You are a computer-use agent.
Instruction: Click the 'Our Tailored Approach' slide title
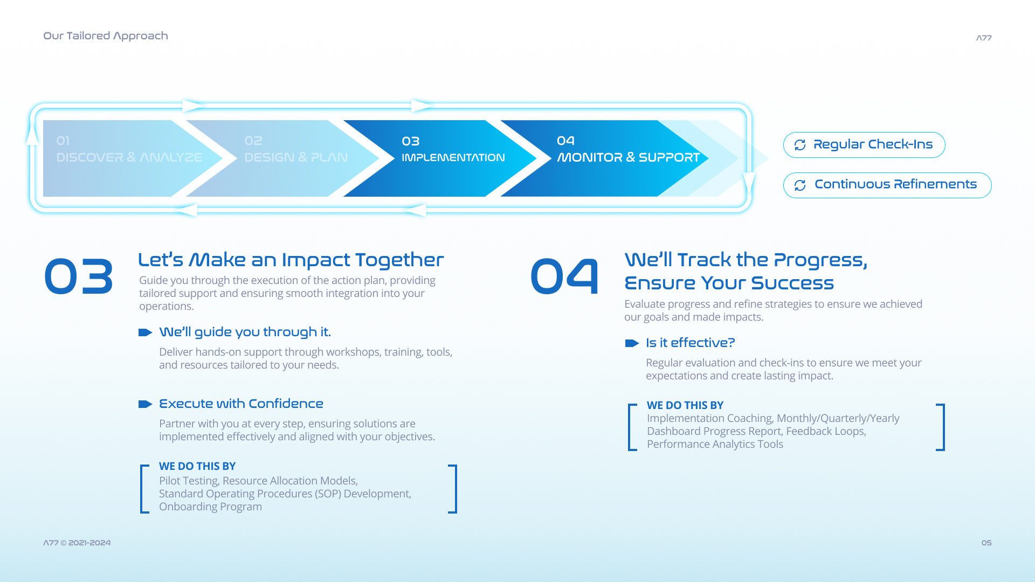[106, 36]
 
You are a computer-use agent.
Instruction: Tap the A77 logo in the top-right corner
[984, 38]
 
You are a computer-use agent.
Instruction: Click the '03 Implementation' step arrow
[440, 158]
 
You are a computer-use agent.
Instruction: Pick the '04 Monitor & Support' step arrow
[604, 158]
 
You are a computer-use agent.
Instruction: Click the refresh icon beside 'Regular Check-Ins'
[800, 145]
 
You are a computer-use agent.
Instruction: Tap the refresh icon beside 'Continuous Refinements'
[800, 185]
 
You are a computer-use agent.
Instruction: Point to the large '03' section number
[79, 276]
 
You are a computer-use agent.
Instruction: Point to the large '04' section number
[564, 276]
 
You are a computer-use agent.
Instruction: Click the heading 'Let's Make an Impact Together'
[291, 260]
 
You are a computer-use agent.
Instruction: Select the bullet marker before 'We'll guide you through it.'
[146, 332]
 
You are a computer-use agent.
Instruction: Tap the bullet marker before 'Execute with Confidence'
[146, 404]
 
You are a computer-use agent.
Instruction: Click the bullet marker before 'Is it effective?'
[632, 343]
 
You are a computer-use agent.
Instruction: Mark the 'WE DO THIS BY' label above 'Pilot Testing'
[197, 466]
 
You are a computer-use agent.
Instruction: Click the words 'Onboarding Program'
[211, 507]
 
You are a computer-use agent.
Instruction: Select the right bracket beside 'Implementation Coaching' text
[942, 427]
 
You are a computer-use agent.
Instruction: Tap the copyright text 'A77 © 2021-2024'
[77, 543]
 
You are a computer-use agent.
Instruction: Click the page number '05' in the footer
[986, 543]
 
